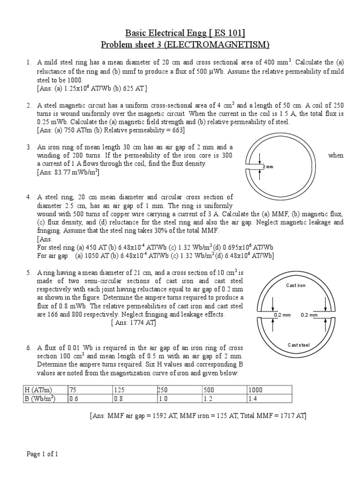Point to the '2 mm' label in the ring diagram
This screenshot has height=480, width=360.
[x=268, y=167]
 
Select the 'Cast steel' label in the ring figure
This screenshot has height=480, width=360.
[x=298, y=345]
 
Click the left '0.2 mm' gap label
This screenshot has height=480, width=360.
[x=283, y=315]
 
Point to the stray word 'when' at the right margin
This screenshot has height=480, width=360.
[x=336, y=156]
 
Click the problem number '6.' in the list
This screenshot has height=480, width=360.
[x=29, y=348]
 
